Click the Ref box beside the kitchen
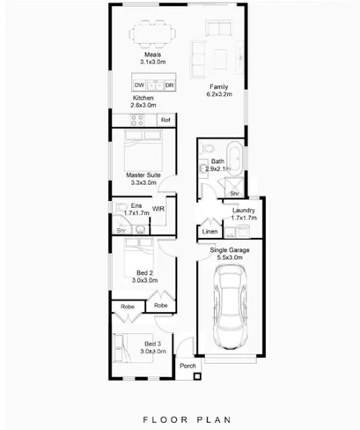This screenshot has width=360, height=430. pos(165,118)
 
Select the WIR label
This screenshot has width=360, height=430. pos(158,209)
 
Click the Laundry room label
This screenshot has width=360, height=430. pos(244,214)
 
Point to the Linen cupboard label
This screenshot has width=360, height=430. pos(209,232)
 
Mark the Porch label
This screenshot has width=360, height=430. pos(187,365)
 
